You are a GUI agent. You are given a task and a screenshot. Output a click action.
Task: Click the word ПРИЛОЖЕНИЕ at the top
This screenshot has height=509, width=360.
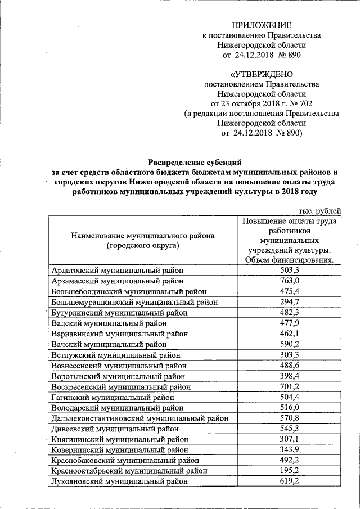[x=262, y=25]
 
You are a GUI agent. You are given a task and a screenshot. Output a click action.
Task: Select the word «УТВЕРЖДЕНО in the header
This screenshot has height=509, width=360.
[x=262, y=74]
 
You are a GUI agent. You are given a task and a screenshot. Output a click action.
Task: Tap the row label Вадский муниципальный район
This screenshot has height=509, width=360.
[x=109, y=323]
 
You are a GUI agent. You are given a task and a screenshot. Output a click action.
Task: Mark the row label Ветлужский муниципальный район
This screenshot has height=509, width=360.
[x=115, y=355]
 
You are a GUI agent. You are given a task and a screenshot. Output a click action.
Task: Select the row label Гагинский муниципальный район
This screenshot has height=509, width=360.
[x=112, y=397]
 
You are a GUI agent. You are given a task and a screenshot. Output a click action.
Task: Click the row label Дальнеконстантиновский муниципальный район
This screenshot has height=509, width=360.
[x=139, y=418]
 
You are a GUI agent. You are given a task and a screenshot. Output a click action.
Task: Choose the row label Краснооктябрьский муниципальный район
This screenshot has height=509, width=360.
[x=128, y=471]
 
